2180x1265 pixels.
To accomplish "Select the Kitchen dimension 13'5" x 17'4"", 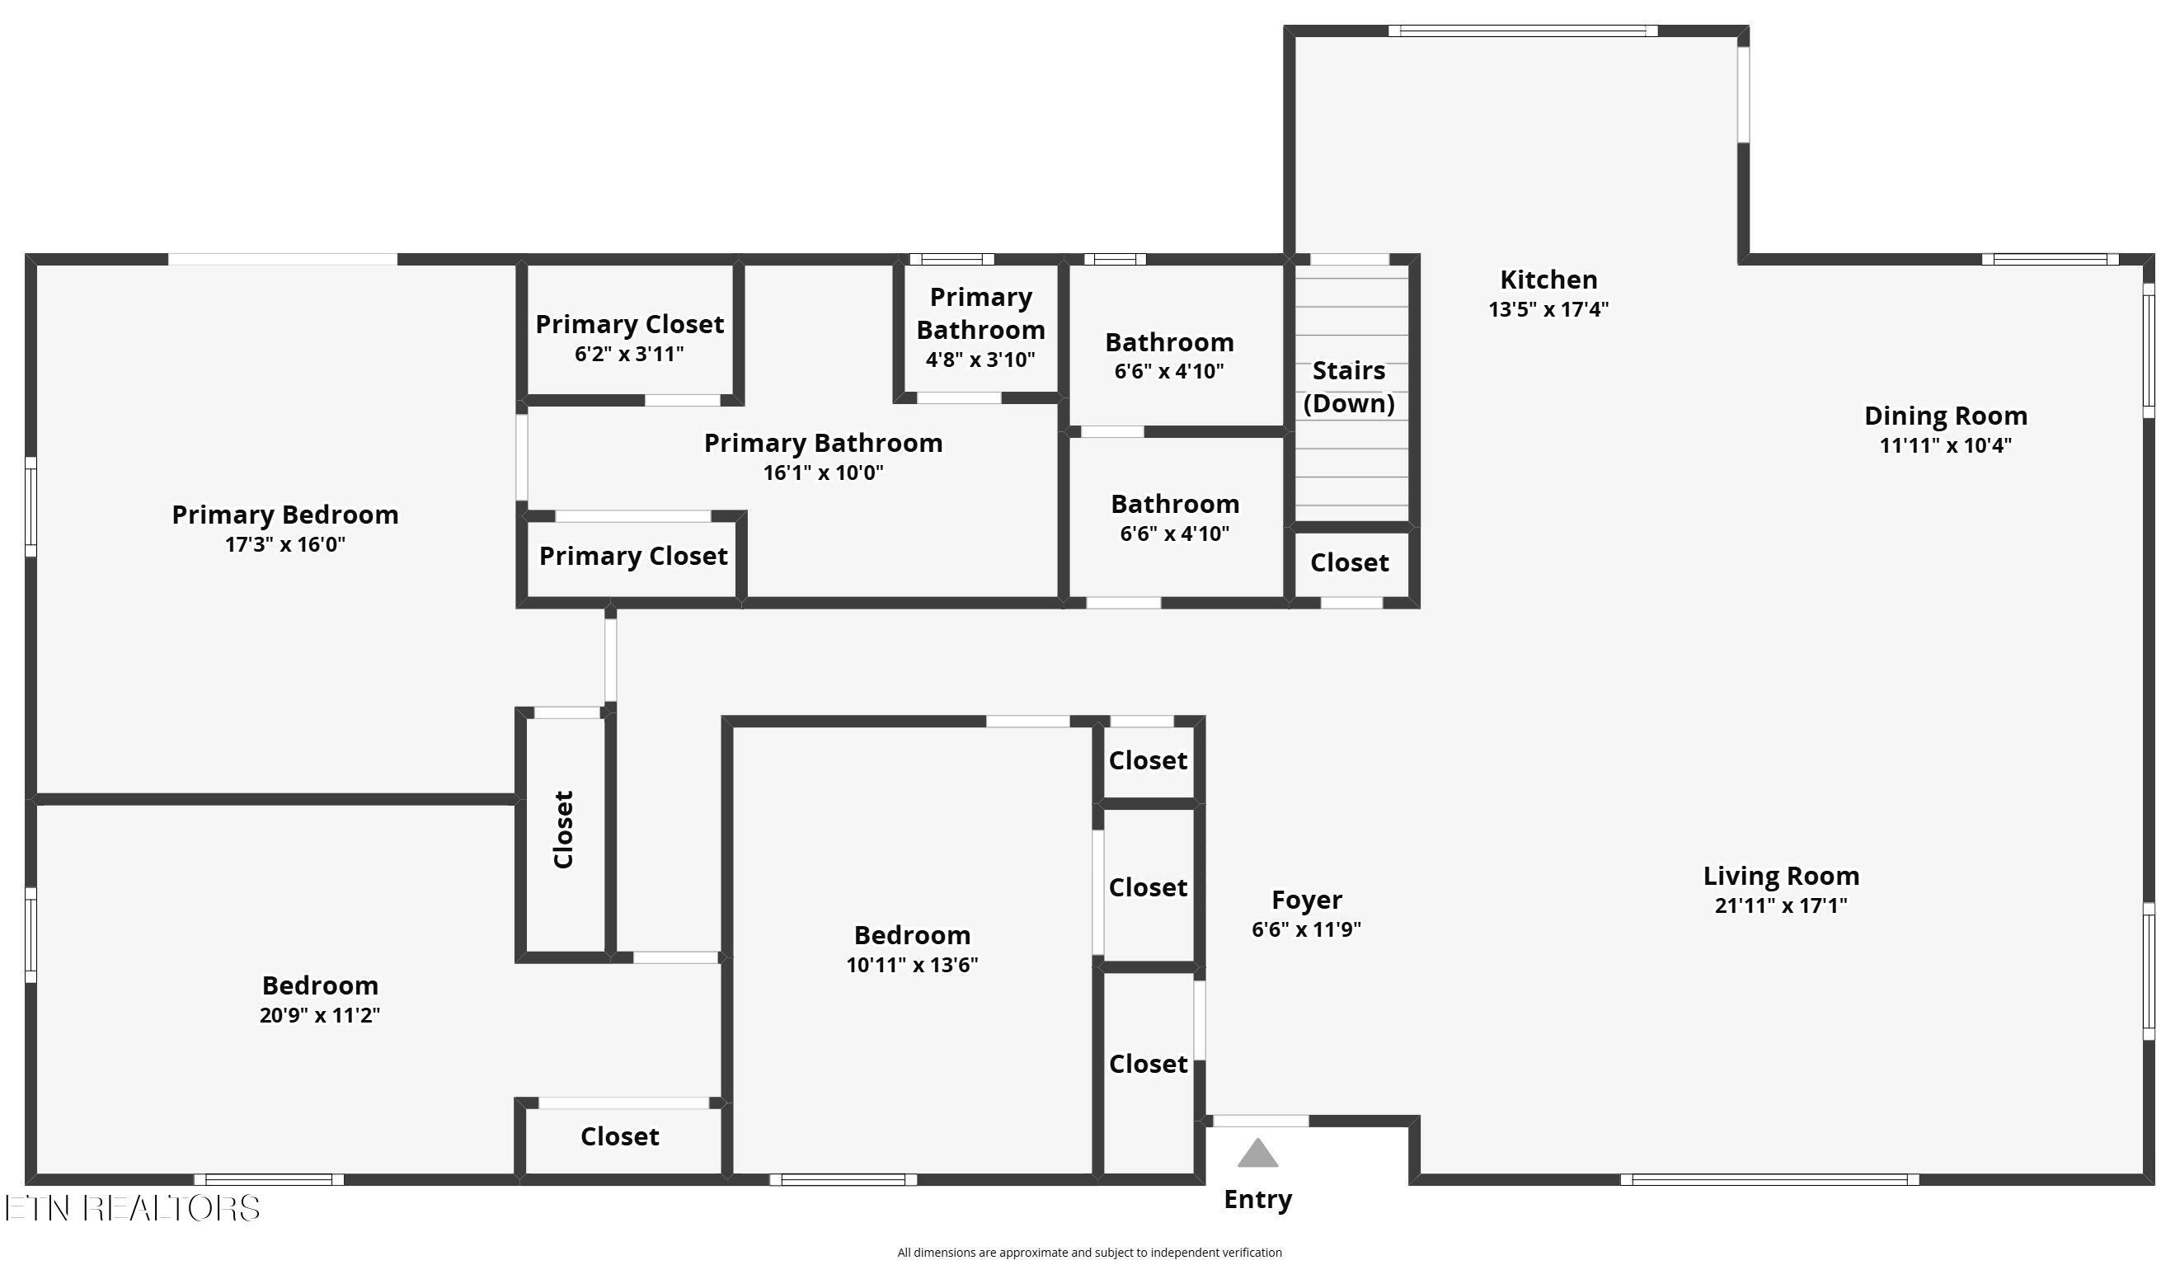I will click(1548, 310).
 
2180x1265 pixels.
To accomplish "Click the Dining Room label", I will click(1945, 416).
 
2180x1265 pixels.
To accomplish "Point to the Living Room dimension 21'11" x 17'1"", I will click(1780, 906).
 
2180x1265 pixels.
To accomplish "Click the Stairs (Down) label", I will click(1349, 387).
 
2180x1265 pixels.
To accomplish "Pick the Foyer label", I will click(1306, 900).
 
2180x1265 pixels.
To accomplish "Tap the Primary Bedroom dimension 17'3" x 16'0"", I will click(284, 545).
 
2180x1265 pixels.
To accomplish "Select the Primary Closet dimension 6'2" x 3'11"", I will click(629, 354).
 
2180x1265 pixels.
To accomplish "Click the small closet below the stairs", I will click(1349, 563).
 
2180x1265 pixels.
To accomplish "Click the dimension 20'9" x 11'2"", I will click(319, 1015).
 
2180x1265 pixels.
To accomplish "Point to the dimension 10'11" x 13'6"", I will click(912, 965).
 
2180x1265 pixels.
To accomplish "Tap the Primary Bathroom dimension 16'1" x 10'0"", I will click(823, 473).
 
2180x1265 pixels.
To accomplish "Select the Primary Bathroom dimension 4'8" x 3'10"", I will click(980, 360).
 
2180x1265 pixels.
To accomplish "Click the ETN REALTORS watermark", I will click(133, 1208).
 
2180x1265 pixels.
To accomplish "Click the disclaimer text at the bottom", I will click(1089, 1252).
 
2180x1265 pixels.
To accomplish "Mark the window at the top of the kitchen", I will click(1522, 31).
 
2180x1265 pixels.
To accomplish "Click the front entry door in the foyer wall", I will click(1260, 1122).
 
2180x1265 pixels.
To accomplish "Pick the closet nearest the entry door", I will click(1147, 1065).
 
